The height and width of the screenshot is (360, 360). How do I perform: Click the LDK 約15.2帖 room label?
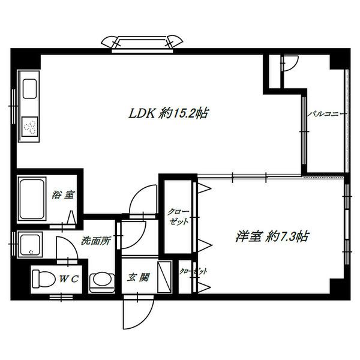(x=169, y=113)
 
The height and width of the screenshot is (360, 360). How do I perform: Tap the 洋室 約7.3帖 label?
(x=272, y=236)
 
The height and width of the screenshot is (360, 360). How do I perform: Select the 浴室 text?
(x=63, y=195)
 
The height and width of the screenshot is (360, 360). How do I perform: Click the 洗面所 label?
(x=96, y=241)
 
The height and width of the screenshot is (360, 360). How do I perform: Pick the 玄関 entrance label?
(x=138, y=277)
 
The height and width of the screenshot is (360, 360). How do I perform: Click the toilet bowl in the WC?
(x=44, y=279)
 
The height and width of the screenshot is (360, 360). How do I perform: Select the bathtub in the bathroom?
(x=32, y=199)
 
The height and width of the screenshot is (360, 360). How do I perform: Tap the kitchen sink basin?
(x=29, y=89)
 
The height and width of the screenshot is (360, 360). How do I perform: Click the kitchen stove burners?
(x=29, y=127)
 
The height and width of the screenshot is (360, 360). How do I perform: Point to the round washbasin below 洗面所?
(x=102, y=282)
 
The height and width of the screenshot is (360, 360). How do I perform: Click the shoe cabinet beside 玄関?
(x=164, y=277)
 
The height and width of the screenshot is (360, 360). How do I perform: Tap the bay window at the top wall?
(x=142, y=43)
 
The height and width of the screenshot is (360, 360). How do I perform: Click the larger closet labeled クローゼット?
(x=178, y=217)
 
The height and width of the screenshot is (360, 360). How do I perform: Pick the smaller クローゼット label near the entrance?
(x=193, y=271)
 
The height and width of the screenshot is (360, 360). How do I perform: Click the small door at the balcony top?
(x=290, y=63)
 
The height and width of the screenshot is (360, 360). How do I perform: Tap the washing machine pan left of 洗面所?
(x=30, y=245)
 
